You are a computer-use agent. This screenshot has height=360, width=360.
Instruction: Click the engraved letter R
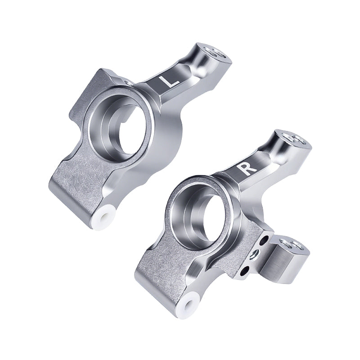click(x=248, y=168)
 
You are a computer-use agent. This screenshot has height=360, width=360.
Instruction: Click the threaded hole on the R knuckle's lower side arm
click(x=286, y=244)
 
